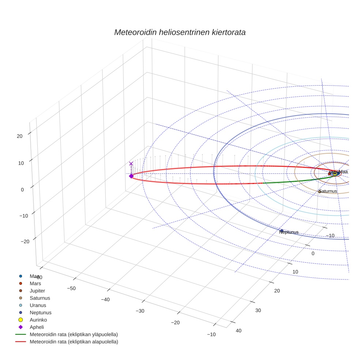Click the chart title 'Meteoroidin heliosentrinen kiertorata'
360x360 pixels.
[x=180, y=32]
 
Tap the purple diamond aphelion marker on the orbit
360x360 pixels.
[x=131, y=176]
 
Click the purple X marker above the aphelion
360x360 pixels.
[x=131, y=164]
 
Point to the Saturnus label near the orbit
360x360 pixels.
[x=327, y=191]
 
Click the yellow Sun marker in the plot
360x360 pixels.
[x=334, y=173]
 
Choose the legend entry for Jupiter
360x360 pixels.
[x=38, y=290]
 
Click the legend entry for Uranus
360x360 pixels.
[x=38, y=305]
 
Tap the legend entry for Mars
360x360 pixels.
[x=35, y=283]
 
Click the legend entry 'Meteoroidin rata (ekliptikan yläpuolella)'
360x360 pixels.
[x=74, y=334]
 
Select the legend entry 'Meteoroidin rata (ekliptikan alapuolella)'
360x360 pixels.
[x=74, y=342]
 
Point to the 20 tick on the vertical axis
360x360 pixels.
[x=20, y=136]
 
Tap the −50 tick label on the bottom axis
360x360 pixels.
[x=71, y=288]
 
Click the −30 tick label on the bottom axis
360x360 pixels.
[x=140, y=311]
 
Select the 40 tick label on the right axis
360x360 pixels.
[x=239, y=330]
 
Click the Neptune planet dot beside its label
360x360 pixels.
[x=282, y=230]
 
